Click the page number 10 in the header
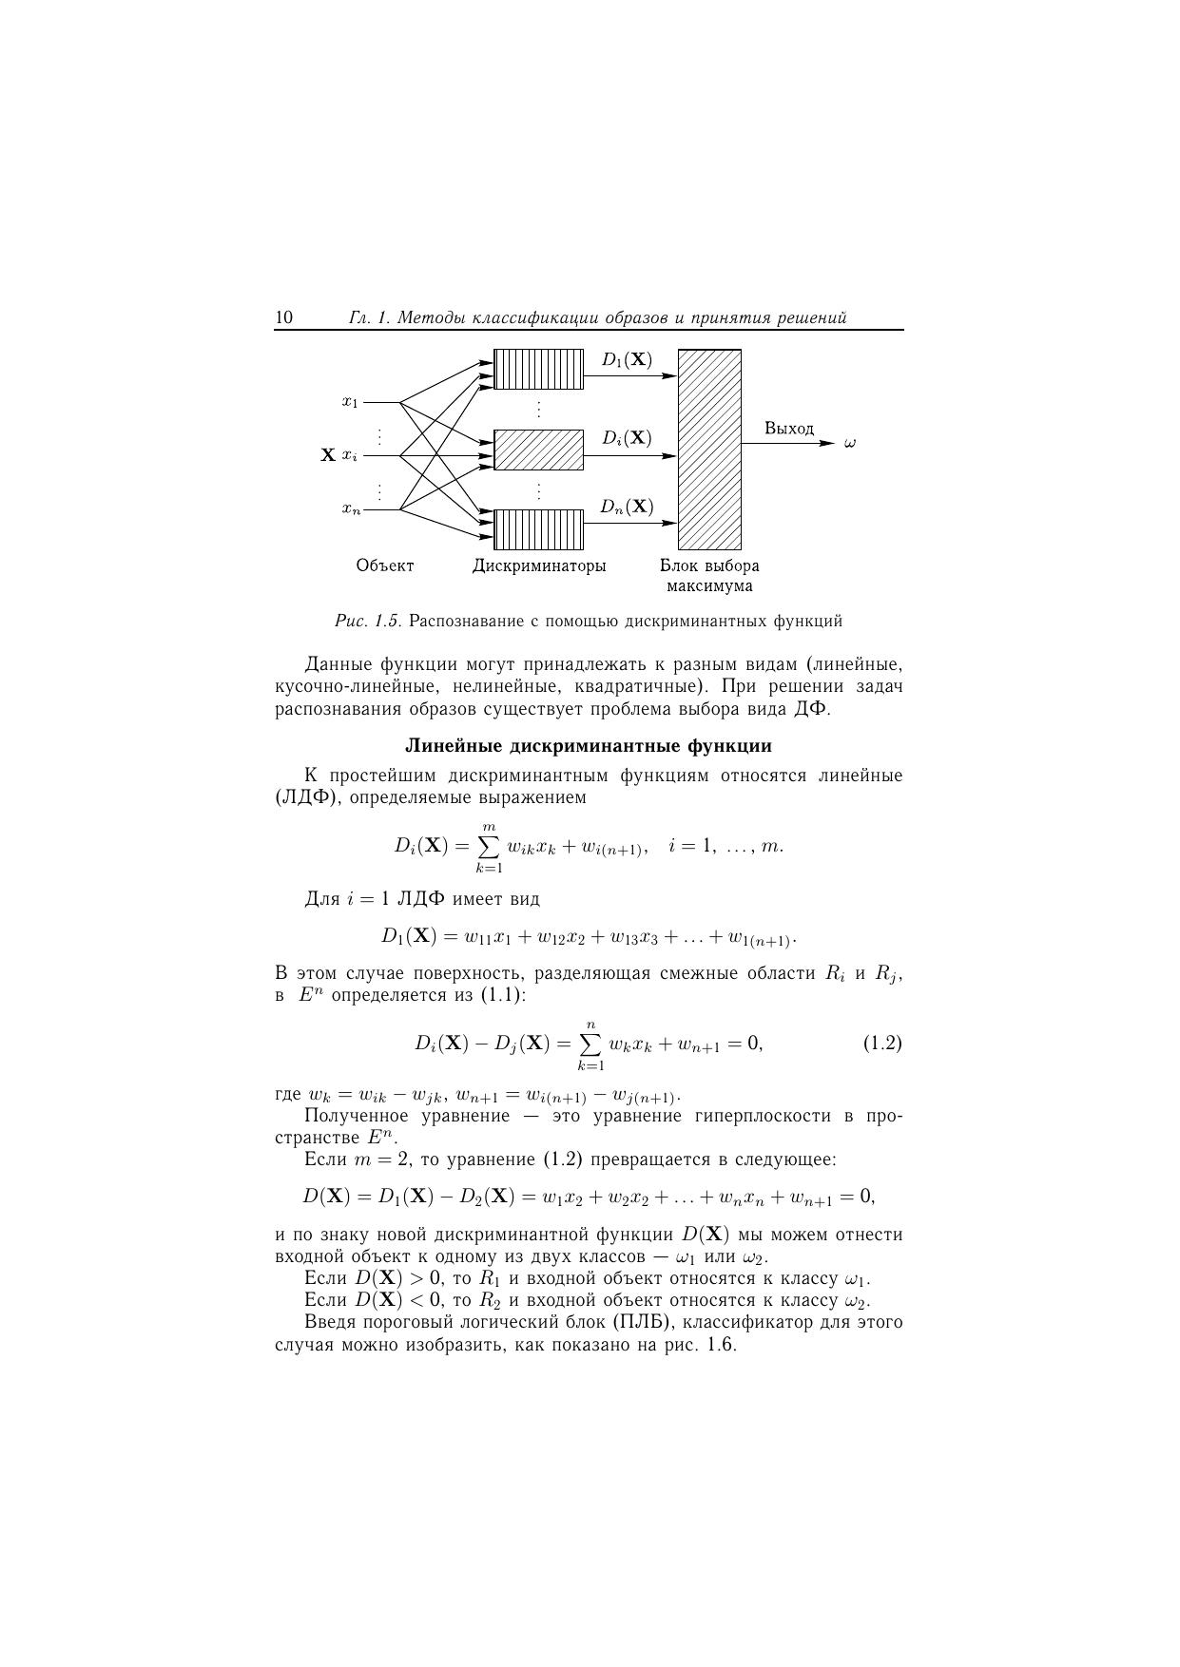click(283, 317)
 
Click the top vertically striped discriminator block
click(538, 369)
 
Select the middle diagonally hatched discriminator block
click(538, 450)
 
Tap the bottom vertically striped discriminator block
click(538, 529)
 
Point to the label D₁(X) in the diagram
click(627, 360)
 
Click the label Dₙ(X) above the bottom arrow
click(627, 507)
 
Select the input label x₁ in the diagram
click(350, 402)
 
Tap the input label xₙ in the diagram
click(351, 510)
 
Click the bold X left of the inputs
click(328, 455)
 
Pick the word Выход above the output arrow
click(789, 429)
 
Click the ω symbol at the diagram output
click(850, 443)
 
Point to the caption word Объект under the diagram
click(385, 565)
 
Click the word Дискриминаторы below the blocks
click(539, 565)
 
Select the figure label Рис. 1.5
click(367, 622)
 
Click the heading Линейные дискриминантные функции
click(589, 746)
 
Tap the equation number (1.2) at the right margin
click(881, 1044)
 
